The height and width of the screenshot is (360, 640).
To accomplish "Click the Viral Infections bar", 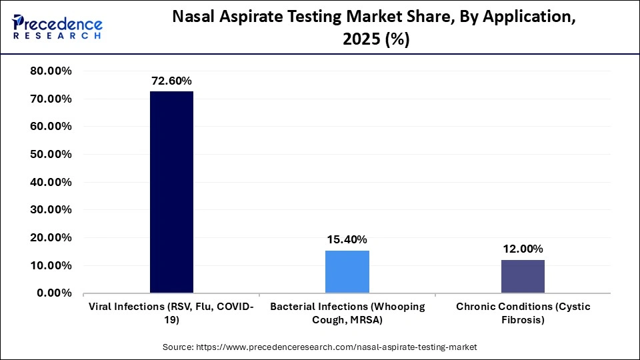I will pyautogui.click(x=171, y=192).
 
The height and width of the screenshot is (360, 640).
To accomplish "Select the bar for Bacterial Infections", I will pyautogui.click(x=347, y=271).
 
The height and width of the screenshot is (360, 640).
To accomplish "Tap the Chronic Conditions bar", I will pyautogui.click(x=523, y=276).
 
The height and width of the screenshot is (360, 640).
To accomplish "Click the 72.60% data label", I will pyautogui.click(x=171, y=81).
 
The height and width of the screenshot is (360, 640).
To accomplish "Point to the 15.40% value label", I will pyautogui.click(x=347, y=239).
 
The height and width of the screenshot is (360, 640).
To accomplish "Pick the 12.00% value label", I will pyautogui.click(x=523, y=249).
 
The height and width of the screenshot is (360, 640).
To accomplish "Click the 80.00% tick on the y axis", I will pyautogui.click(x=51, y=71).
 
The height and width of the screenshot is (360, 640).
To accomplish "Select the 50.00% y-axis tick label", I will pyautogui.click(x=51, y=154).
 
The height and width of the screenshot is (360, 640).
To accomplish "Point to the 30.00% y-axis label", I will pyautogui.click(x=51, y=209).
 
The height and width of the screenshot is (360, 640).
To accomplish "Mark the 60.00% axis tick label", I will pyautogui.click(x=51, y=126).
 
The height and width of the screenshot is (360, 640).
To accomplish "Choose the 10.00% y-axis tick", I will pyautogui.click(x=51, y=265).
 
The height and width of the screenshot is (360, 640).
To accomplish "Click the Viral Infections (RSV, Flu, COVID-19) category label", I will pyautogui.click(x=171, y=313).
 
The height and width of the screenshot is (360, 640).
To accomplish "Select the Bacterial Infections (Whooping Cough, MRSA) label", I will pyautogui.click(x=347, y=313).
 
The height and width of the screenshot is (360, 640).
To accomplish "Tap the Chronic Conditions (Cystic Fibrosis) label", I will pyautogui.click(x=523, y=313).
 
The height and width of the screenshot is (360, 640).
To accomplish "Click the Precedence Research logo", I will pyautogui.click(x=57, y=27).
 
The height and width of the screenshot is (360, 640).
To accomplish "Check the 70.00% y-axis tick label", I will pyautogui.click(x=51, y=99).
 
